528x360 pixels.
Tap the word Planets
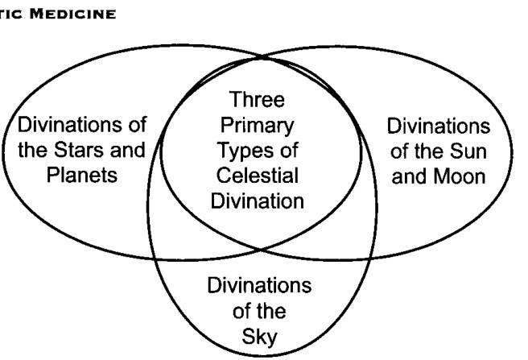(x=82, y=175)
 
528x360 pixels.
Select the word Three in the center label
(x=257, y=99)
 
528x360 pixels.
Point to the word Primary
(x=257, y=126)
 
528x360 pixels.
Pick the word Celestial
(x=258, y=176)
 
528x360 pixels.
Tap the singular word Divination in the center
(x=258, y=201)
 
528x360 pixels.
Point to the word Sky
(x=260, y=337)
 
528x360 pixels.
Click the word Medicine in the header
(x=72, y=14)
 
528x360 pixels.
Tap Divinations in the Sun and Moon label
(x=439, y=126)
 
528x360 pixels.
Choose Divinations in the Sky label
(x=260, y=285)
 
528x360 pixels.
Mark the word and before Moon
(x=410, y=176)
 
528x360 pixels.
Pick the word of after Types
(x=287, y=151)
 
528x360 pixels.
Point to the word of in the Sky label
(x=243, y=311)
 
